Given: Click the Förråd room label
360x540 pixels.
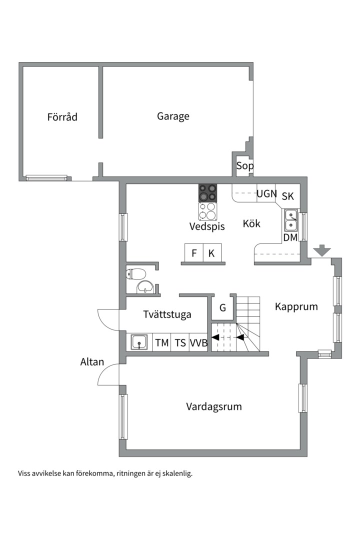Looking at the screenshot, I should (62, 117).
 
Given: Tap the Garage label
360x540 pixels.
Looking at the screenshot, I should (173, 116).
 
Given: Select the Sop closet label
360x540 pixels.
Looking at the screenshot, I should (244, 166).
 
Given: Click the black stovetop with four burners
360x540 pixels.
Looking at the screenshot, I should (208, 193).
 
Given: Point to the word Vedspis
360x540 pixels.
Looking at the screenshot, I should (207, 226).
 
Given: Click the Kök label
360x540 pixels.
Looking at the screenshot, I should (251, 223).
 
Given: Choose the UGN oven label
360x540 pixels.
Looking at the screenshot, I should (266, 193).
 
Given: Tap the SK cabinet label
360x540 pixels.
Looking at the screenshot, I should (288, 196).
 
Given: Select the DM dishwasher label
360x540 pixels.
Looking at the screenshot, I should (290, 238).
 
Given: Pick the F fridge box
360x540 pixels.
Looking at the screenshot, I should (194, 253).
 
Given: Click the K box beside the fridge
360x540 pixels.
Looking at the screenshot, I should (211, 253).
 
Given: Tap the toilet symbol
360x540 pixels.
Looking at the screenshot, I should (136, 273).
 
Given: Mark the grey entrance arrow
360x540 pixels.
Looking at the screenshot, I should (322, 250).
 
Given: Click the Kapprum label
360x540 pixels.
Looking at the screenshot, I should (296, 306).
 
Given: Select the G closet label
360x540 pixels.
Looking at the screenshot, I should (222, 308).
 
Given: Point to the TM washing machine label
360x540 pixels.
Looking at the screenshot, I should (161, 343).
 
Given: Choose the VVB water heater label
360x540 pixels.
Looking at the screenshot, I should (198, 343).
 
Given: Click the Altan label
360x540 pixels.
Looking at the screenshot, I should (92, 362).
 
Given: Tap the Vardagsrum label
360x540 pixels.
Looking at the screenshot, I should (214, 406).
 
